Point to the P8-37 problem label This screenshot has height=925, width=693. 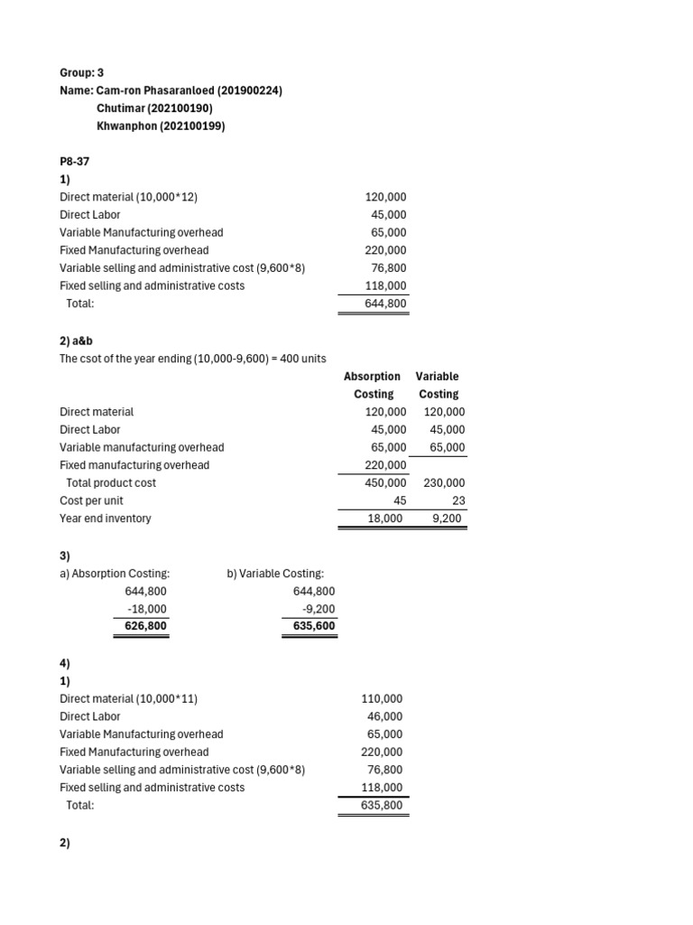[x=75, y=162]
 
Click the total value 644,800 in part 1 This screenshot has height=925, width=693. [x=385, y=304]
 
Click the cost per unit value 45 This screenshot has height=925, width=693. [x=400, y=500]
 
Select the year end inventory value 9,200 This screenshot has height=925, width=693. [x=448, y=519]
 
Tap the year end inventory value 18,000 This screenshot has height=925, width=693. [x=387, y=519]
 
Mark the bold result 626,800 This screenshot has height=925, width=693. [x=144, y=626]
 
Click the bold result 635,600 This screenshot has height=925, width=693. [x=314, y=626]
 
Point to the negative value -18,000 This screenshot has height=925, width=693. [x=147, y=609]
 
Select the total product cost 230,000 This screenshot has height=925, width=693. [x=444, y=483]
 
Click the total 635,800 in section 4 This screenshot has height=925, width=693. [x=382, y=805]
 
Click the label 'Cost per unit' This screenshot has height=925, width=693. [x=91, y=500]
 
